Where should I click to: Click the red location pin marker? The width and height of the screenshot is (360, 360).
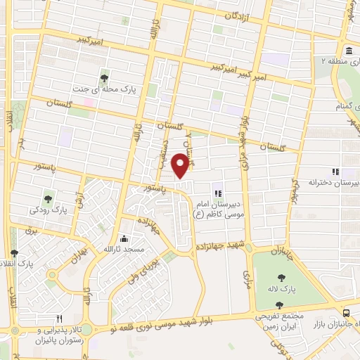[x=181, y=165]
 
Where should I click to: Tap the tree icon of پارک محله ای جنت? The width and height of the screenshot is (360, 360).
[x=104, y=77]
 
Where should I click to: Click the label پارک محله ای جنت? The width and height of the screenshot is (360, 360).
[x=104, y=90]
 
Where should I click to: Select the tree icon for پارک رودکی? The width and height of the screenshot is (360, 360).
[x=48, y=198]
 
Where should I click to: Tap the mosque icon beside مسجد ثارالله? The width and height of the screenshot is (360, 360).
[x=124, y=238]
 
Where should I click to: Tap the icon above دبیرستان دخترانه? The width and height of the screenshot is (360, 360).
[x=335, y=171]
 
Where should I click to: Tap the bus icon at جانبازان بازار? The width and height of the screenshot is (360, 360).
[x=347, y=313]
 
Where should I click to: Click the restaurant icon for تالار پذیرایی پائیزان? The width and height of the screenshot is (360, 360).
[x=59, y=319]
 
